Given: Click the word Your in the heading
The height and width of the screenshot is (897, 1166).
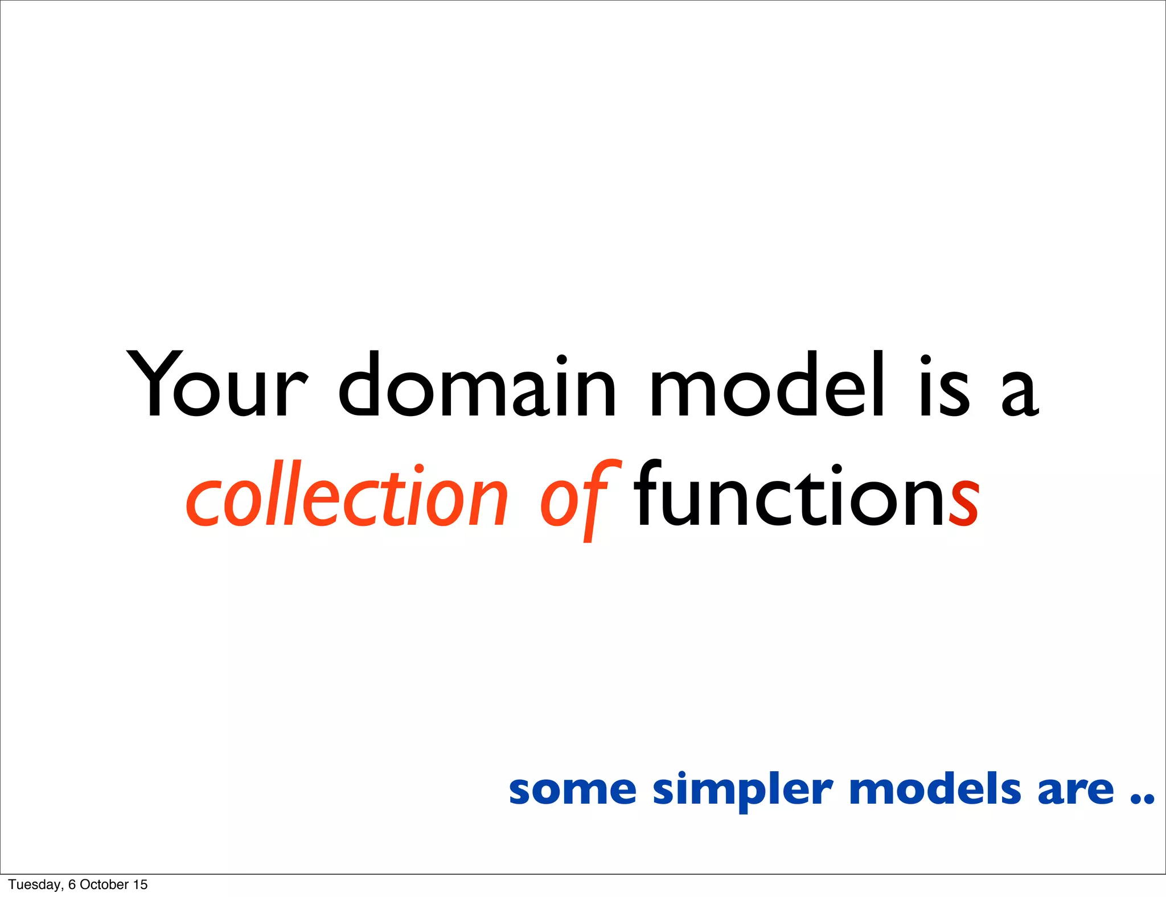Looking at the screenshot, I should coord(216,385).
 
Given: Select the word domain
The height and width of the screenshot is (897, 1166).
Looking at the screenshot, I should coord(477,385).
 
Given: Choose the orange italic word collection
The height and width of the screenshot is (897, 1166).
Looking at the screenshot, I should coord(346,495).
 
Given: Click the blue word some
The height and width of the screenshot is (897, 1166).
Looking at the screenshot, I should coord(572,790).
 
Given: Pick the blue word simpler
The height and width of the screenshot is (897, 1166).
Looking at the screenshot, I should coord(742,791).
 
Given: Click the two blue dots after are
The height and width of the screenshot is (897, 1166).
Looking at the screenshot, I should coord(1142,799).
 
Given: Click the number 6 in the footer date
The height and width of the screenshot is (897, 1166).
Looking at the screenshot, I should coord(72,884).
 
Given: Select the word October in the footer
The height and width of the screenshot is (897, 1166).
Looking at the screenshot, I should coord(104,884).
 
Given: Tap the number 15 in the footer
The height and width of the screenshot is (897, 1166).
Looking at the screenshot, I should coord(140,884).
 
